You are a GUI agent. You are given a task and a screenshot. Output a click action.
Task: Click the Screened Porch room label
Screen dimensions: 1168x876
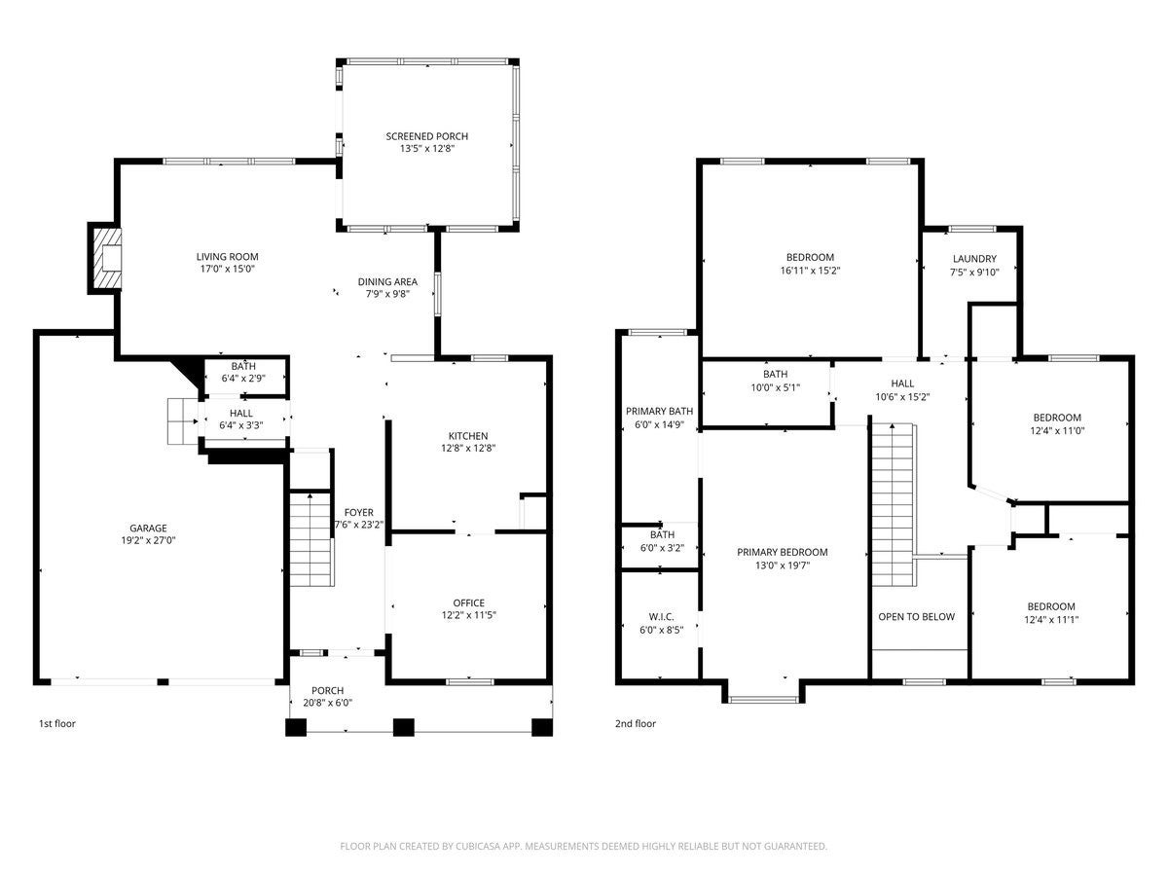426,136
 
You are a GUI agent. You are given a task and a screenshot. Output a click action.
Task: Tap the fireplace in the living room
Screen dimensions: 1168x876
106,259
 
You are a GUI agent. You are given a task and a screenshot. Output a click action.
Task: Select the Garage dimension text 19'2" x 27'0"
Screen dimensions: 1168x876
148,540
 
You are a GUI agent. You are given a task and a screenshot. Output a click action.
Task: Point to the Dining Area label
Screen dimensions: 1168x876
387,282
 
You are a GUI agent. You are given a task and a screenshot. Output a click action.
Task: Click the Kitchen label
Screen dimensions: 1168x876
468,436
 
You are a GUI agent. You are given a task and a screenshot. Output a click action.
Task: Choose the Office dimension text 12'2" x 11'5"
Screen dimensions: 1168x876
469,615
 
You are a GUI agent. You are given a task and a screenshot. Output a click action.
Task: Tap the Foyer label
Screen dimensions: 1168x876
358,512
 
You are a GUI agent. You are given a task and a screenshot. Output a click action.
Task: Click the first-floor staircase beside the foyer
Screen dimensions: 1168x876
311,539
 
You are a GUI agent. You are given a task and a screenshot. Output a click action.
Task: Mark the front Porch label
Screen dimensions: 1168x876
327,690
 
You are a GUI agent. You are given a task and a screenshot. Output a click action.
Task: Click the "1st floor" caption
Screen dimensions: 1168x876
56,723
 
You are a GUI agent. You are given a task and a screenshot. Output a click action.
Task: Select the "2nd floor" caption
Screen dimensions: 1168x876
636,723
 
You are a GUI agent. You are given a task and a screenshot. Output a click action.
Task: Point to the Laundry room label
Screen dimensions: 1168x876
974,259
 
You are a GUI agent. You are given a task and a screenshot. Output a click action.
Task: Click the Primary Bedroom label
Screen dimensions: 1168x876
783,552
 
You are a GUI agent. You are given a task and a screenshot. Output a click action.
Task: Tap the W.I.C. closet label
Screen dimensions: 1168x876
662,617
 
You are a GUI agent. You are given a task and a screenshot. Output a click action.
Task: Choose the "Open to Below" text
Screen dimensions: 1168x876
916,616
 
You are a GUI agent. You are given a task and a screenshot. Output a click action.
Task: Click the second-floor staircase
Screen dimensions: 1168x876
894,505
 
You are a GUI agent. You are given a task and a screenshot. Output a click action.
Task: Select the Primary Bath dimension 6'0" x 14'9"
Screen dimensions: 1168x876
659,424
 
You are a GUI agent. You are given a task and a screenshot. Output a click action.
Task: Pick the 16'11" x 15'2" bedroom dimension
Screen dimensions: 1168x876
810,271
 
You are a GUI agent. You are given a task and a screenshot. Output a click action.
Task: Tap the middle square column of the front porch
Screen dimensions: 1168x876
403,727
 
